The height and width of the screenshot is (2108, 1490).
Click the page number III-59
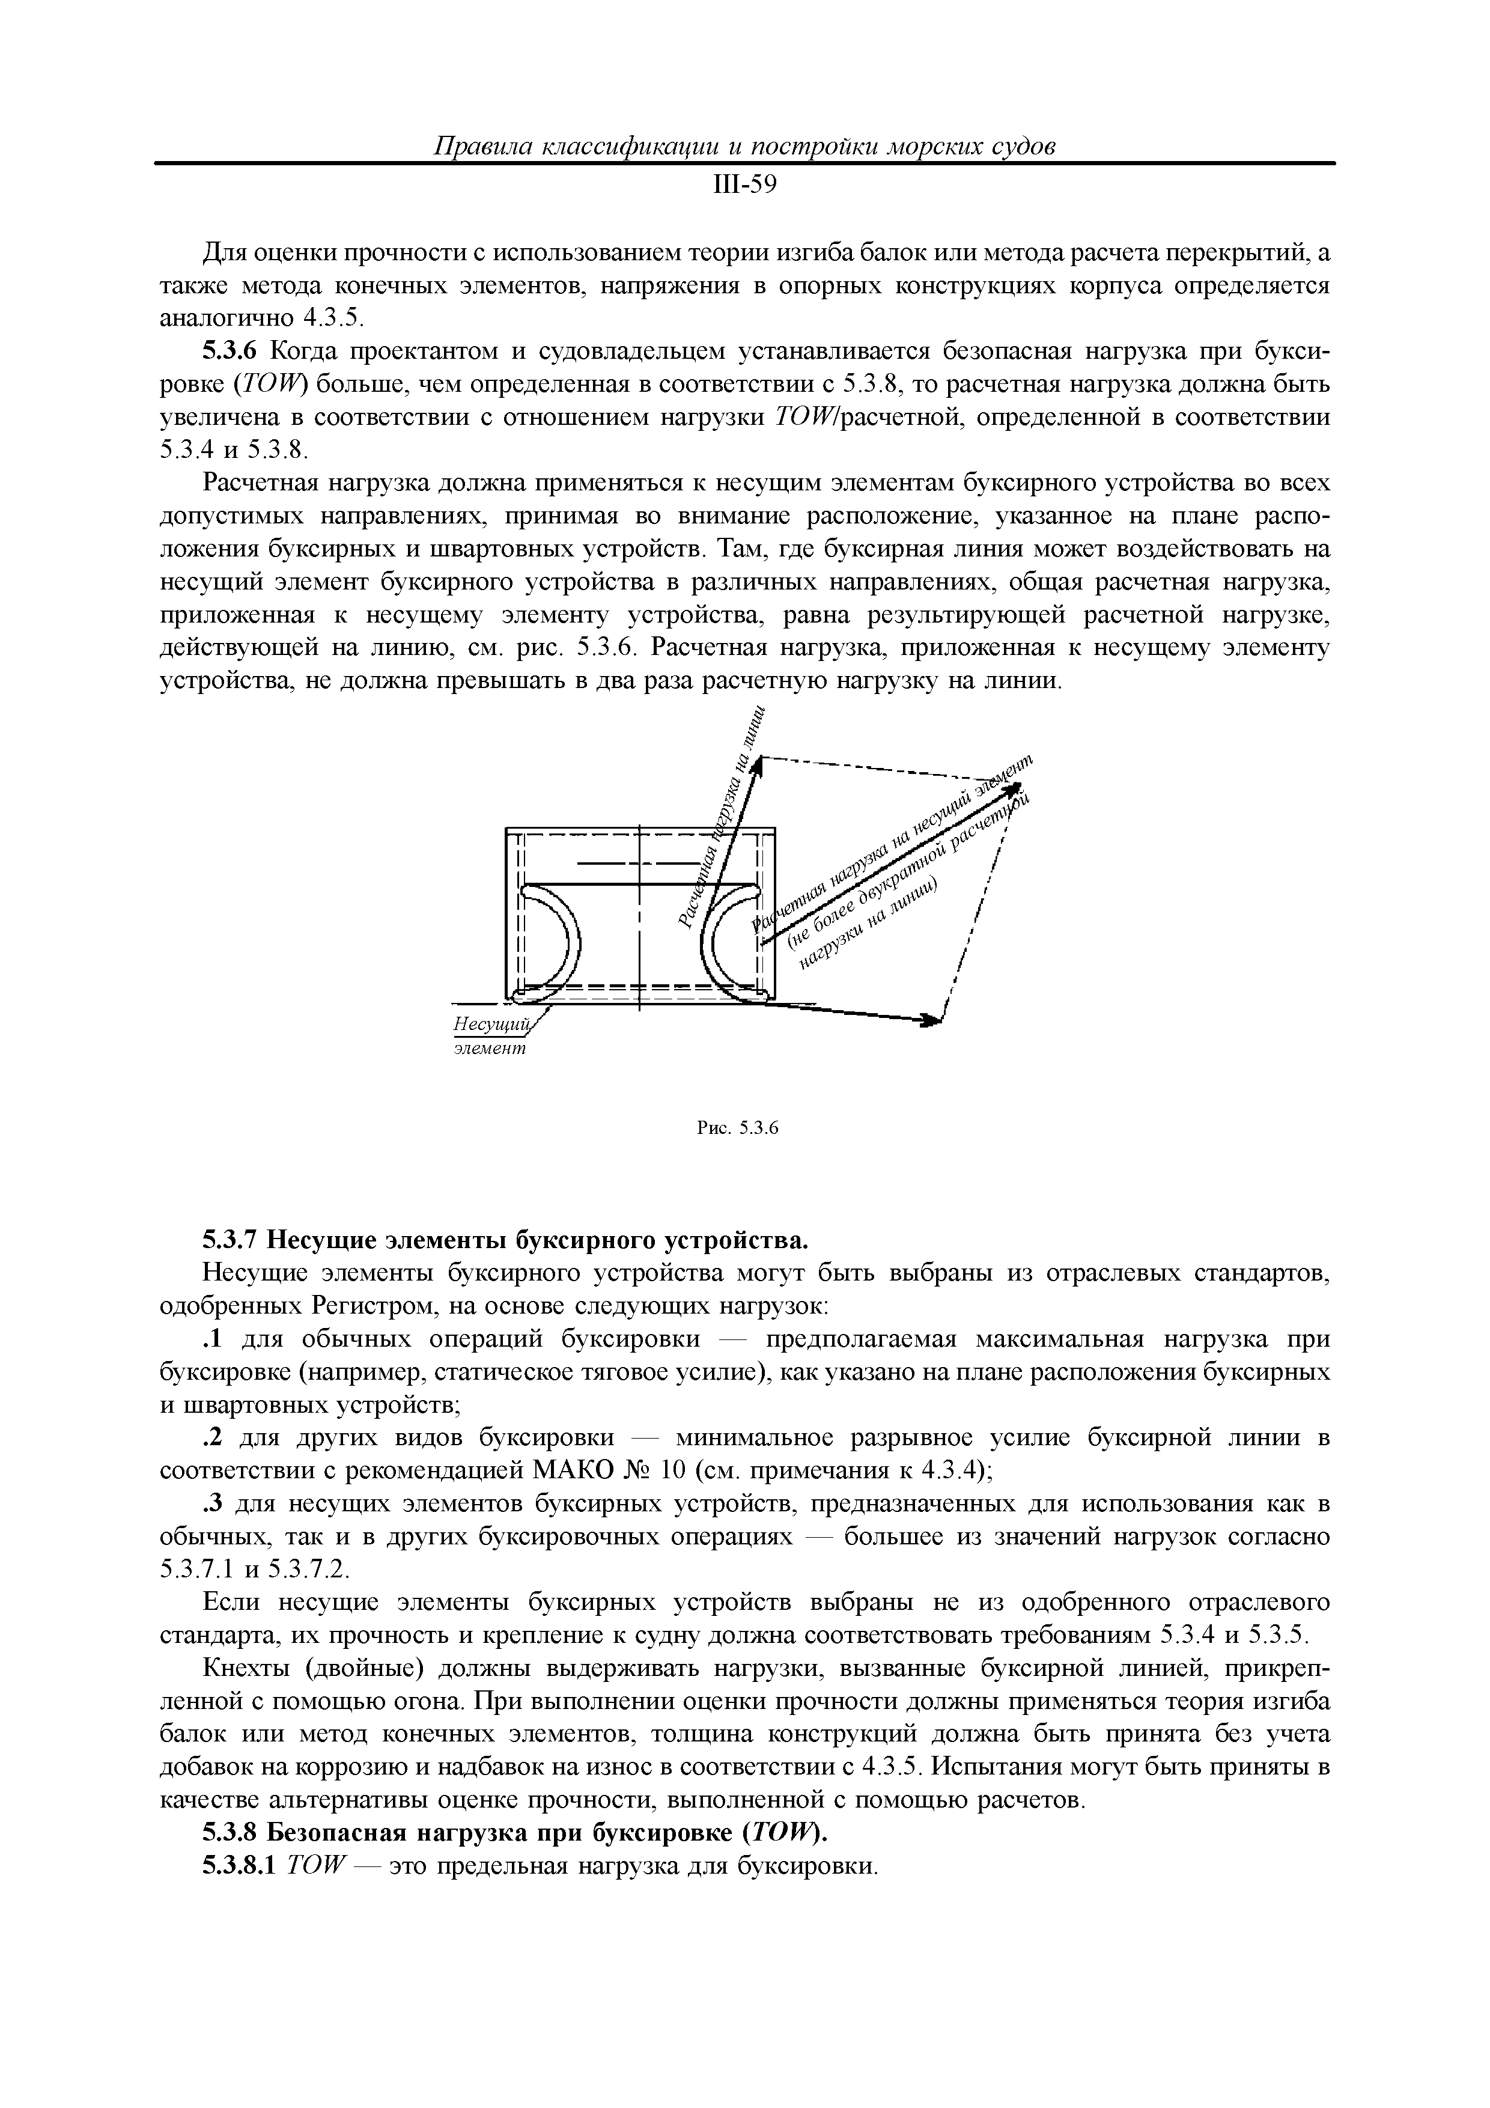tap(744, 186)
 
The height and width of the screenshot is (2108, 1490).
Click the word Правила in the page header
tap(479, 147)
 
